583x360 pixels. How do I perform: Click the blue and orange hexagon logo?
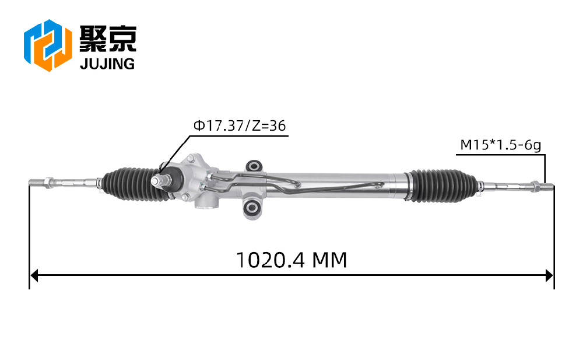coord(48,45)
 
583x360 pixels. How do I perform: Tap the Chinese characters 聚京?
coord(108,39)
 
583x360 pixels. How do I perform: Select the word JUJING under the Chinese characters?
coord(107,64)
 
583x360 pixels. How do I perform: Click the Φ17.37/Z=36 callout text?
coord(240,126)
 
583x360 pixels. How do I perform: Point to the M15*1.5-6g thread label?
coord(500,145)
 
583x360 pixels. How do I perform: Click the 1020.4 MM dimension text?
coord(291,260)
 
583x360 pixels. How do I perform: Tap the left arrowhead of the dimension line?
coord(34,276)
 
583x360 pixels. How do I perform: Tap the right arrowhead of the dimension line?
coord(549,276)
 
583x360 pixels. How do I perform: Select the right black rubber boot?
coord(441,186)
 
